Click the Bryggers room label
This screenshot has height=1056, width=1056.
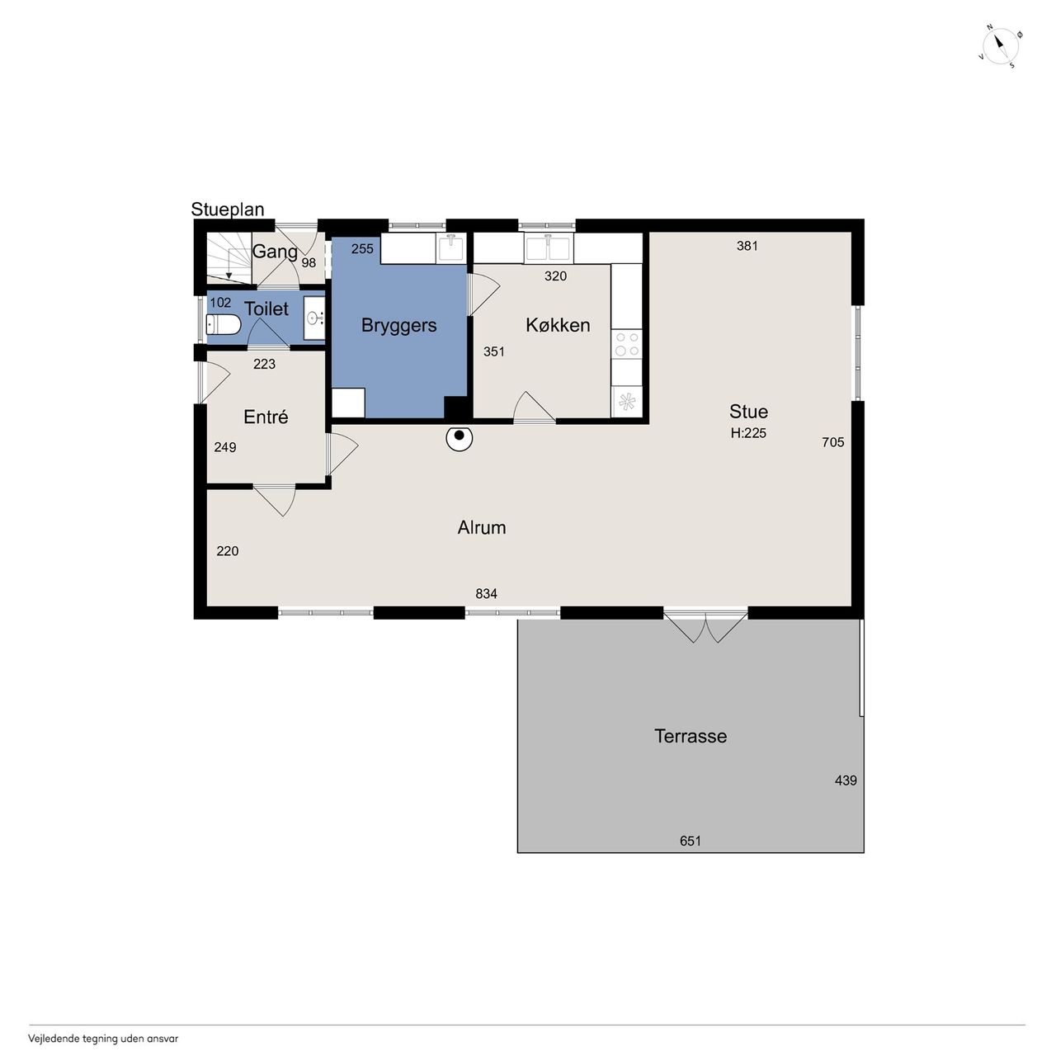click(398, 326)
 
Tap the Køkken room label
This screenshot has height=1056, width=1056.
click(558, 325)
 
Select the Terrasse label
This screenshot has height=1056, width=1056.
click(690, 736)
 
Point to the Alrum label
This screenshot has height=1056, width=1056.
click(481, 528)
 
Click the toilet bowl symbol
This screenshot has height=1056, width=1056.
click(223, 324)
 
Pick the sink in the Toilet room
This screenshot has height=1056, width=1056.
click(314, 318)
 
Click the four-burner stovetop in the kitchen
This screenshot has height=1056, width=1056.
click(626, 343)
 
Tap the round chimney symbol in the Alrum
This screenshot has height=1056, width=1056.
click(460, 438)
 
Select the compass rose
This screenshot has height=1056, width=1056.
click(1000, 47)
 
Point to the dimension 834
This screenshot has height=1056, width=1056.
click(486, 593)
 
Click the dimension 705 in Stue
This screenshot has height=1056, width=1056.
click(832, 442)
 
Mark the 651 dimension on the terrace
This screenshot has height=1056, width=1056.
click(690, 841)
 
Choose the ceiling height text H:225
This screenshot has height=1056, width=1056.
click(748, 433)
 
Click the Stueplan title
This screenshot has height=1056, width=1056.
click(228, 210)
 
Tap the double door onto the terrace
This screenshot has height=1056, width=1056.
click(706, 625)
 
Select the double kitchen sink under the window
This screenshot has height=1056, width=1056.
click(549, 247)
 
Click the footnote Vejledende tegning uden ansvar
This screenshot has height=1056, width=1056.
click(103, 1038)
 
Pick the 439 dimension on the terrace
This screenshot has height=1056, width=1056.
click(845, 780)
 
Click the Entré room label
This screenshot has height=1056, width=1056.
click(265, 417)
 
